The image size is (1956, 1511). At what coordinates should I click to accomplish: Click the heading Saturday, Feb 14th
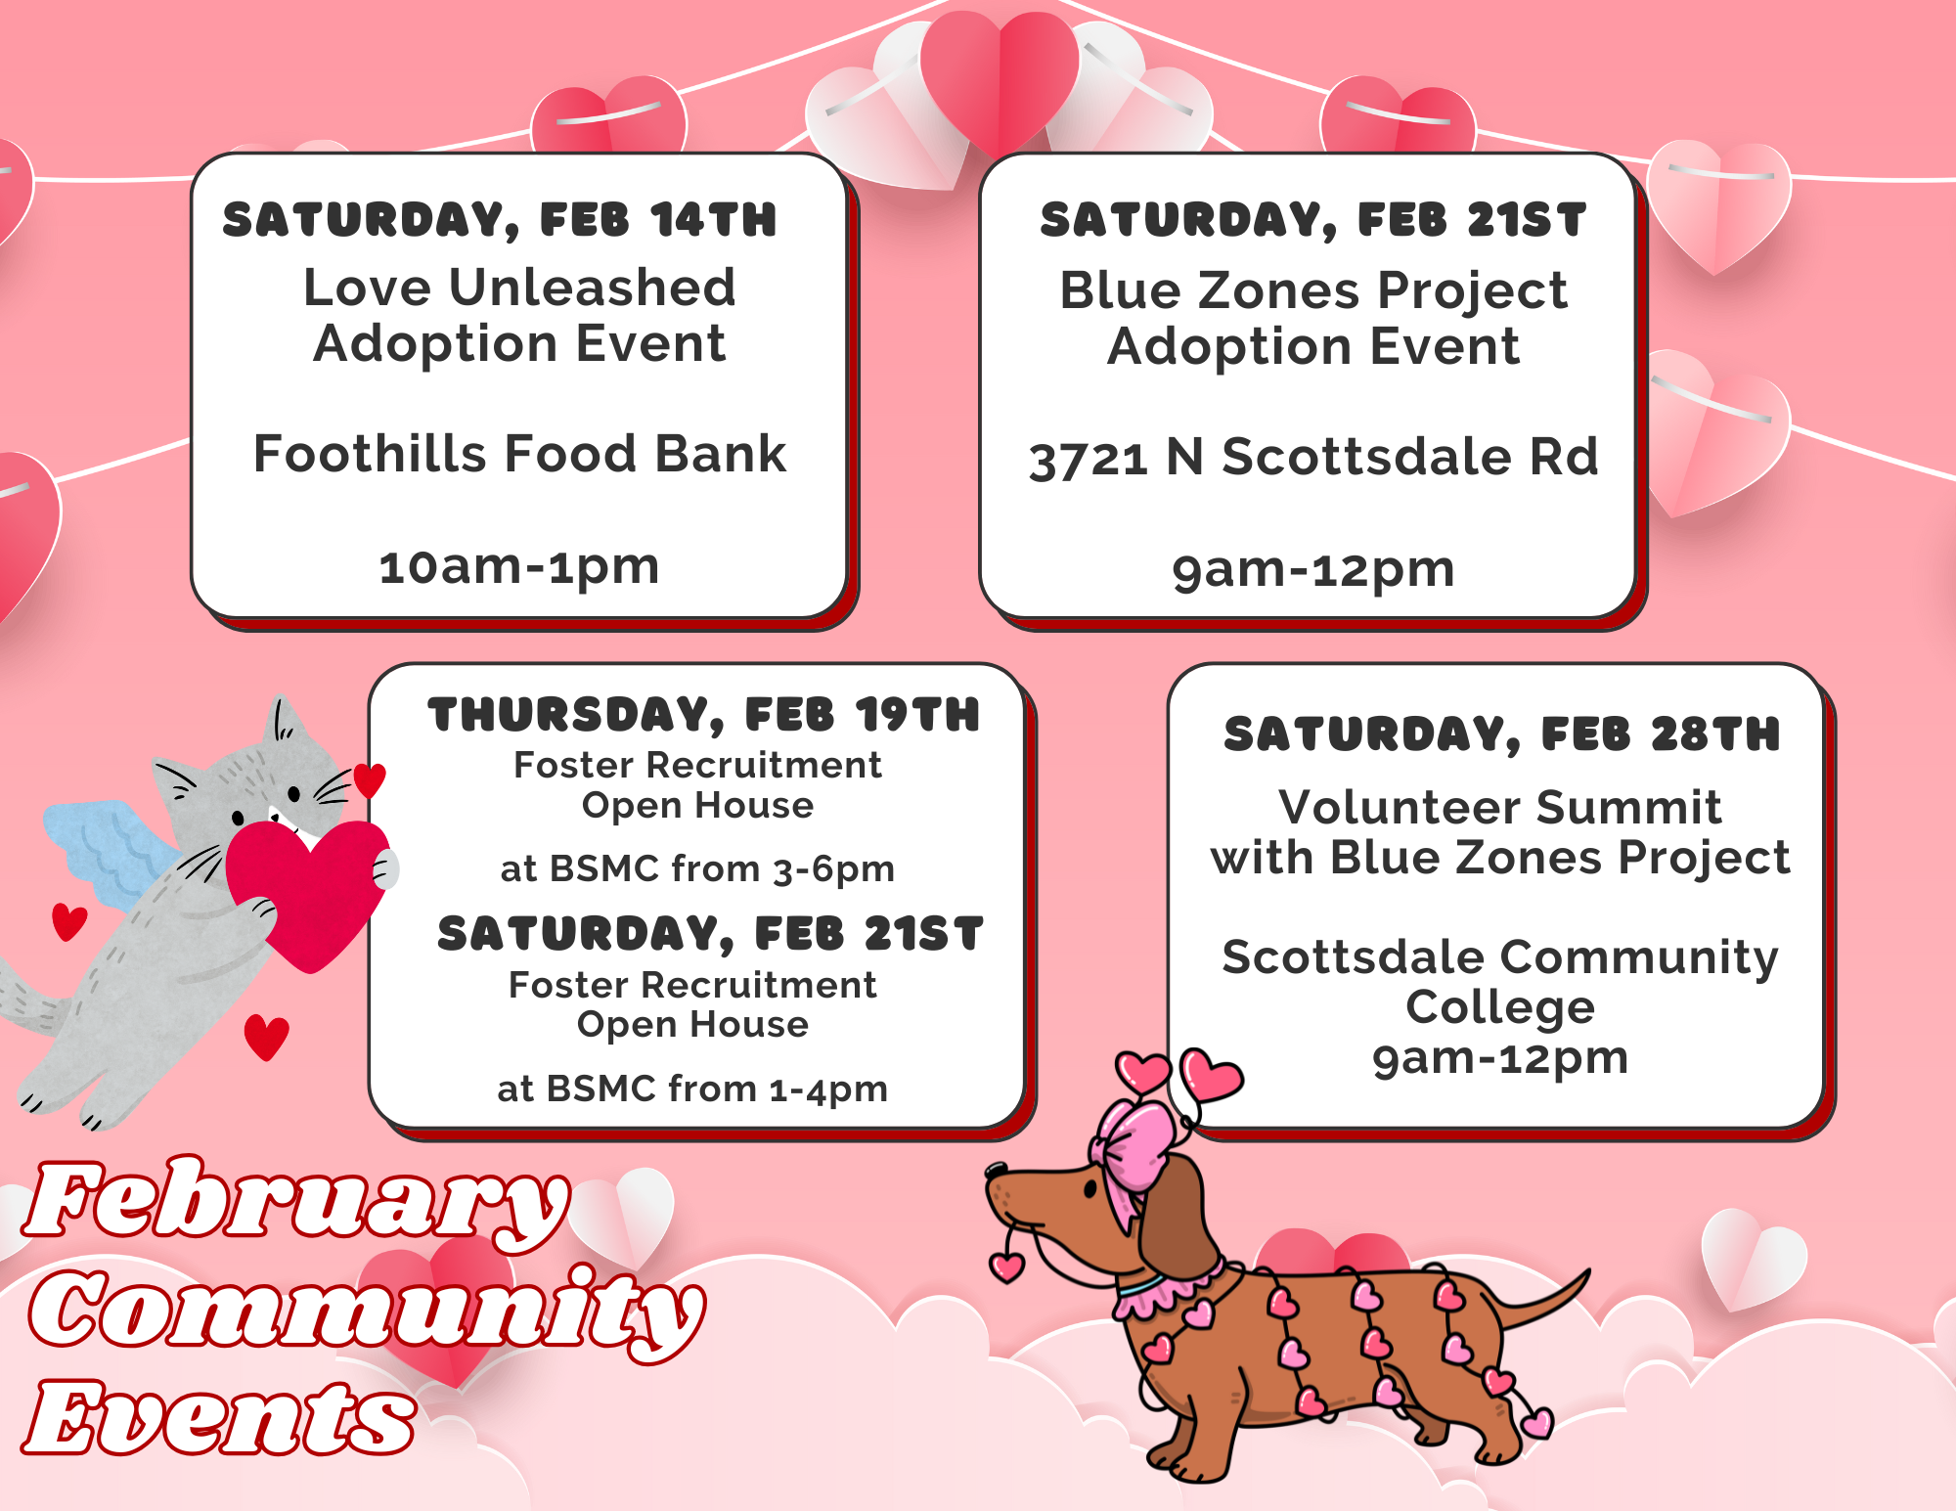[500, 220]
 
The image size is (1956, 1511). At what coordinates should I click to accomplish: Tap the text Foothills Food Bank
[519, 454]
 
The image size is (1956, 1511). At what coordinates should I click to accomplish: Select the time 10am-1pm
[519, 567]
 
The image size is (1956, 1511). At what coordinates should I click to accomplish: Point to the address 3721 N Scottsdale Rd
[1313, 458]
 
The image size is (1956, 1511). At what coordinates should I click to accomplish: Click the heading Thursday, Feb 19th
[704, 715]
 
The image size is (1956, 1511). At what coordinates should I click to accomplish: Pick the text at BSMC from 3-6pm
[697, 868]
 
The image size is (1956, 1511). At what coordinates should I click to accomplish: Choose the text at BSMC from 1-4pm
[692, 1089]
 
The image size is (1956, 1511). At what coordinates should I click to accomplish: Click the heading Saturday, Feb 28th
[1502, 734]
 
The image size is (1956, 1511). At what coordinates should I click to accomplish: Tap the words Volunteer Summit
[1500, 808]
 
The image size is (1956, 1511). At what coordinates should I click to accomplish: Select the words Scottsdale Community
[1500, 957]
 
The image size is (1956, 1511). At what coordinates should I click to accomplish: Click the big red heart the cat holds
[306, 892]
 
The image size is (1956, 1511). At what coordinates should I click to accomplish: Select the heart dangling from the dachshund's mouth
[1007, 1266]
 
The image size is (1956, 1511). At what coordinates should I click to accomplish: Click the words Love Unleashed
[519, 288]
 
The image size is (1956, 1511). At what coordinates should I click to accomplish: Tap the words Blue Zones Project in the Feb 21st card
[1313, 291]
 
